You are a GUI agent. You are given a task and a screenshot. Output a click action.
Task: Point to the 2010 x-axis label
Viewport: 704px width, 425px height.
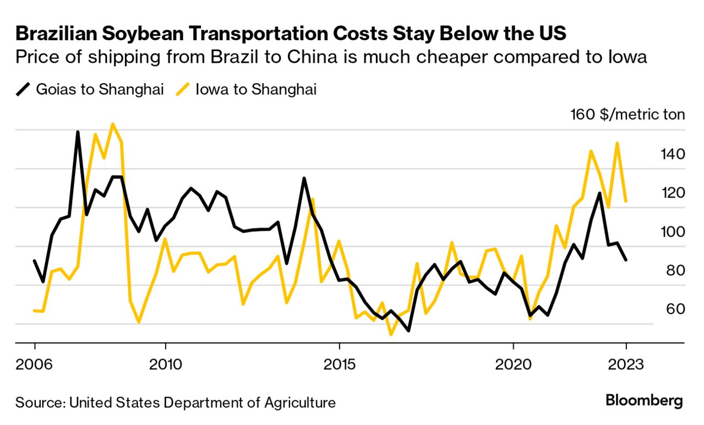[x=165, y=364]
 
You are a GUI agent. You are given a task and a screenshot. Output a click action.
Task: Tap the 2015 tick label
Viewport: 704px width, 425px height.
[x=339, y=364]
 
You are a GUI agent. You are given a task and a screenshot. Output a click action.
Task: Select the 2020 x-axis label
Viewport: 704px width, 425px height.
[x=513, y=364]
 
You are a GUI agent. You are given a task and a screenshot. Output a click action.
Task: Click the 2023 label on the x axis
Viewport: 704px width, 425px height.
[x=626, y=364]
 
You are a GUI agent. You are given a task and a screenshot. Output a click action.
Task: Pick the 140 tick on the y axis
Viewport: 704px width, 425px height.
[x=673, y=154]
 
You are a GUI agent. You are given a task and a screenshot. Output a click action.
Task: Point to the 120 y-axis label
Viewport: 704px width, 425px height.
[x=673, y=193]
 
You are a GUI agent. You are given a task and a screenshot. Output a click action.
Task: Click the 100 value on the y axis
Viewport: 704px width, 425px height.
[x=673, y=232]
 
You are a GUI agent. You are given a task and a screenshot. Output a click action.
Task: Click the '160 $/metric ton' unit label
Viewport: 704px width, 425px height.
[x=627, y=115]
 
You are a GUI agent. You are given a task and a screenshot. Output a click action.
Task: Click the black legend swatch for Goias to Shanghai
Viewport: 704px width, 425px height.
[x=23, y=90]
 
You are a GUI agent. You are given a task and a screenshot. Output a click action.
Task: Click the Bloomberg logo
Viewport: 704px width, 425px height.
[x=644, y=401]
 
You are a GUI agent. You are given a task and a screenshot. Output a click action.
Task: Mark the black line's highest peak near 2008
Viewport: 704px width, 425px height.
[x=78, y=132]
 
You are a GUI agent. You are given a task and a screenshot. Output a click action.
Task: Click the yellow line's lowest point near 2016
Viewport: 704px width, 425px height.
[x=391, y=334]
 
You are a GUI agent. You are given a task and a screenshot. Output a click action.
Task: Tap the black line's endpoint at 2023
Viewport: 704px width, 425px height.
[x=626, y=260]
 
